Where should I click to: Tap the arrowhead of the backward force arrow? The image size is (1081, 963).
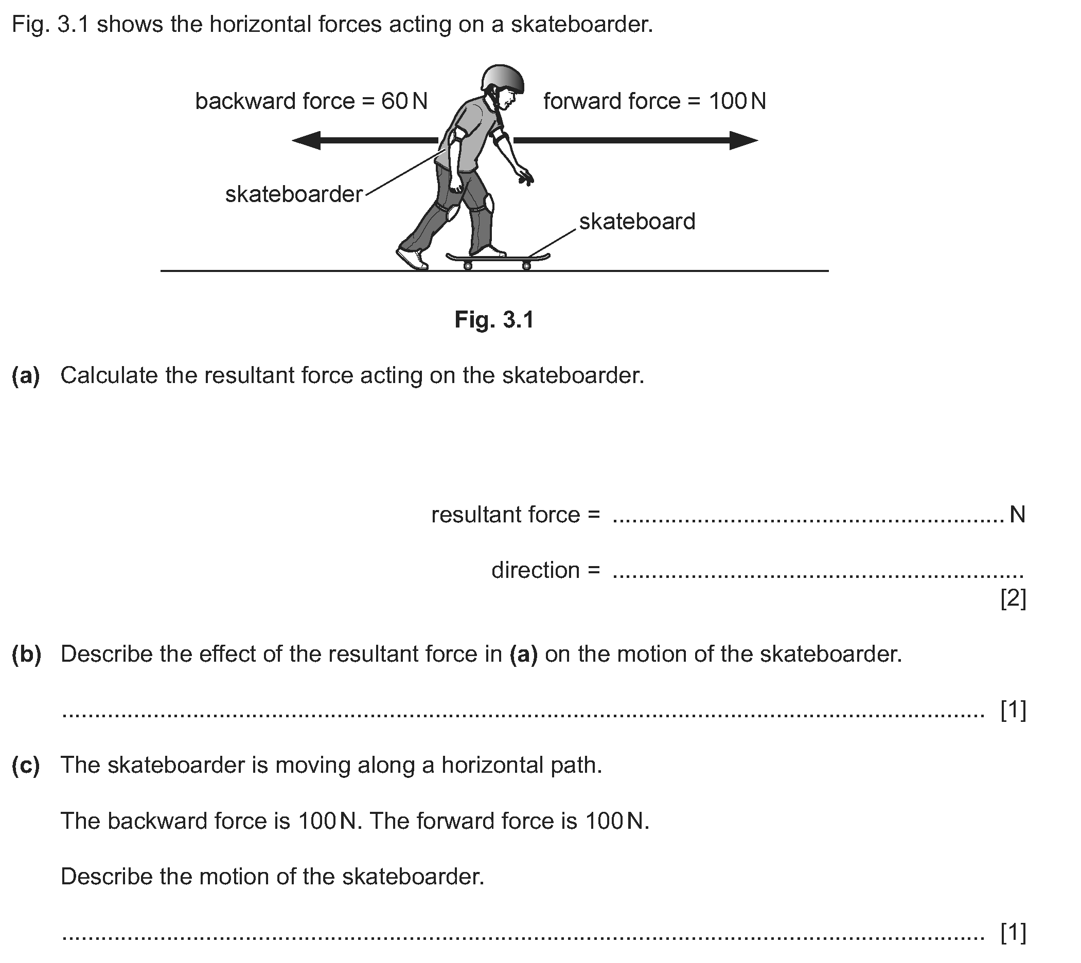click(306, 140)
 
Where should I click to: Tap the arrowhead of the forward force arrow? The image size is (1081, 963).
click(744, 140)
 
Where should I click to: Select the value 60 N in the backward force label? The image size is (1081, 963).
click(404, 101)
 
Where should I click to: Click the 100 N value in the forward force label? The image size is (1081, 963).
click(737, 101)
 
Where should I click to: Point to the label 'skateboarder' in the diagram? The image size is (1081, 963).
click(294, 194)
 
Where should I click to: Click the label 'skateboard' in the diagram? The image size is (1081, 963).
click(637, 221)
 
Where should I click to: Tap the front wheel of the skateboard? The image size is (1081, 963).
click(527, 266)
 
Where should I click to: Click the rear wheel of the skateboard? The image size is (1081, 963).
click(468, 266)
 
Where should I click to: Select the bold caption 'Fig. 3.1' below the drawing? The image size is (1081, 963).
click(494, 320)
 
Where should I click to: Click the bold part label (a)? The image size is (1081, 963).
click(26, 376)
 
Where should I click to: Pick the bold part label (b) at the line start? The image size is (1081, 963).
click(26, 655)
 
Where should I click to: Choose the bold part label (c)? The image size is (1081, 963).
click(26, 766)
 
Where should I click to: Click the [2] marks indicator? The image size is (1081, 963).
click(1013, 598)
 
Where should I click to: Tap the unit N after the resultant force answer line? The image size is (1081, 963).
click(1018, 514)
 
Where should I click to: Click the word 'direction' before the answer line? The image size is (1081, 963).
click(536, 570)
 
